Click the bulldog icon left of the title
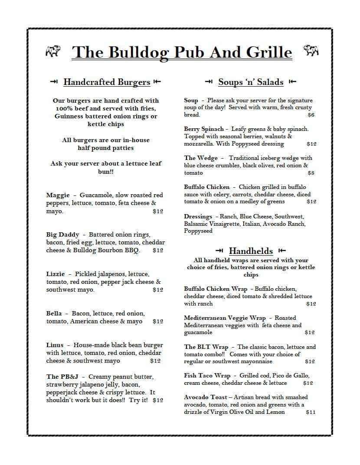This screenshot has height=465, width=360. [53, 51]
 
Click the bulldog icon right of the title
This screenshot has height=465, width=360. [311, 51]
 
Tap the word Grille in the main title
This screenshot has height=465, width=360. [269, 52]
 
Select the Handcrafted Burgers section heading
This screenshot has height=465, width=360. [107, 82]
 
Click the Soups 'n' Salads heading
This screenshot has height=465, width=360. [251, 82]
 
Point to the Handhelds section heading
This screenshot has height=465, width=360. [251, 250]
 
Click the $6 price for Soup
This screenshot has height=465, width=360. [311, 115]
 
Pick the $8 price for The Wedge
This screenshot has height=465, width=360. [311, 173]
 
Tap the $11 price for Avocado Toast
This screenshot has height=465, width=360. [311, 412]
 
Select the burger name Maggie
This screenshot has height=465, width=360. [58, 195]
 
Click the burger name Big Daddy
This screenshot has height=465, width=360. [62, 234]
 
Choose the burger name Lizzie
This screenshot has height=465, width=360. [56, 274]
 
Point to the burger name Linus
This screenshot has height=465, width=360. [55, 345]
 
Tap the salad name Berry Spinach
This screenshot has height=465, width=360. [204, 129]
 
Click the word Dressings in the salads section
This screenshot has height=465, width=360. [198, 216]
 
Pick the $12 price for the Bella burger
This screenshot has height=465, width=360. [158, 322]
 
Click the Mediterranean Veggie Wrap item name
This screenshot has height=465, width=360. [225, 318]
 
